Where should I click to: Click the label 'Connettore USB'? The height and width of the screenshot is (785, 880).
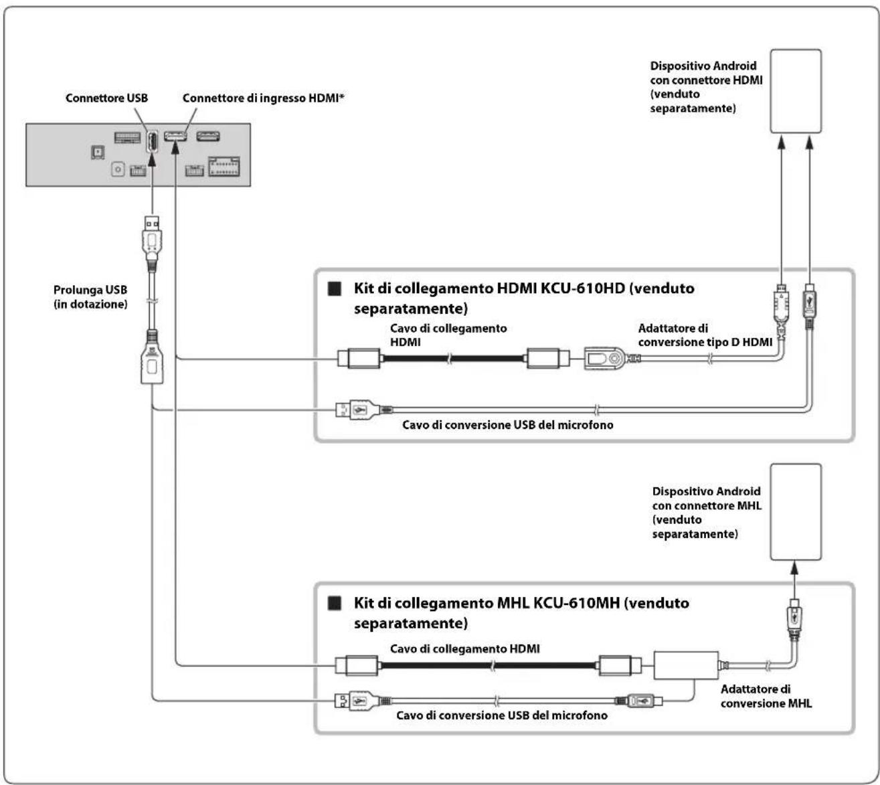pos(106,98)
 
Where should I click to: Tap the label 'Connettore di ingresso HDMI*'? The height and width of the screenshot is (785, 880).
pos(263,98)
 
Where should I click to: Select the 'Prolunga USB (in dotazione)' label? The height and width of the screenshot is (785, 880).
pos(90,296)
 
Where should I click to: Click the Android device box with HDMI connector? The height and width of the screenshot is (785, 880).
pos(796,91)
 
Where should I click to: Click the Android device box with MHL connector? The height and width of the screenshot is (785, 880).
pos(796,512)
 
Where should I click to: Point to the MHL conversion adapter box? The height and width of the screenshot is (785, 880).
pos(686,665)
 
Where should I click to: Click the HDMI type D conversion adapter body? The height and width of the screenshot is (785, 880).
pos(604,359)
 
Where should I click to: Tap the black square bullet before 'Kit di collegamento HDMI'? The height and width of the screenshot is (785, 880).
pos(335,289)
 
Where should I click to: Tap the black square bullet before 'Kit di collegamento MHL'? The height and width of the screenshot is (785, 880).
pos(335,604)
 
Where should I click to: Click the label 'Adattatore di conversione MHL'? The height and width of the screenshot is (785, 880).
pos(766,696)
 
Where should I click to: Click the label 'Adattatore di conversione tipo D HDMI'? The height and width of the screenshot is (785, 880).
pos(705,335)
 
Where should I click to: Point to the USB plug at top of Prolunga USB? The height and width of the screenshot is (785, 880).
pos(152,237)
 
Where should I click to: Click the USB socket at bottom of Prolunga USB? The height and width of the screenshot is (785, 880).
pos(152,363)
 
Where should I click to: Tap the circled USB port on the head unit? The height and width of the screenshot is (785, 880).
pos(152,142)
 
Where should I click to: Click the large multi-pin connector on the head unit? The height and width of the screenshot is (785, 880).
pos(224,167)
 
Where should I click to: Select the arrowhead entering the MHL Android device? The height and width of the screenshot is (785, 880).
pos(794,568)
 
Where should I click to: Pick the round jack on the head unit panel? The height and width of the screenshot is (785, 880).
pos(118,169)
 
